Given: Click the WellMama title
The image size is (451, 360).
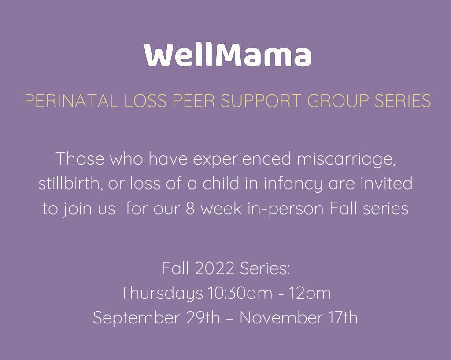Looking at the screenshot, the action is [x=228, y=55].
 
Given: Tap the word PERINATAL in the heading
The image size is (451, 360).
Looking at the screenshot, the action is [x=71, y=100].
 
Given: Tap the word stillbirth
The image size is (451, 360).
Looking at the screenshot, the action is [x=71, y=184].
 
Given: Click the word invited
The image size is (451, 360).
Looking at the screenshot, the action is [x=387, y=184].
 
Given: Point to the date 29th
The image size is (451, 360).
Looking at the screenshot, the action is [x=203, y=318].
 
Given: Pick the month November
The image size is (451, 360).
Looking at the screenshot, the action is [x=281, y=318].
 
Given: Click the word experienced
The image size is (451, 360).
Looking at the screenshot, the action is [x=242, y=159].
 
